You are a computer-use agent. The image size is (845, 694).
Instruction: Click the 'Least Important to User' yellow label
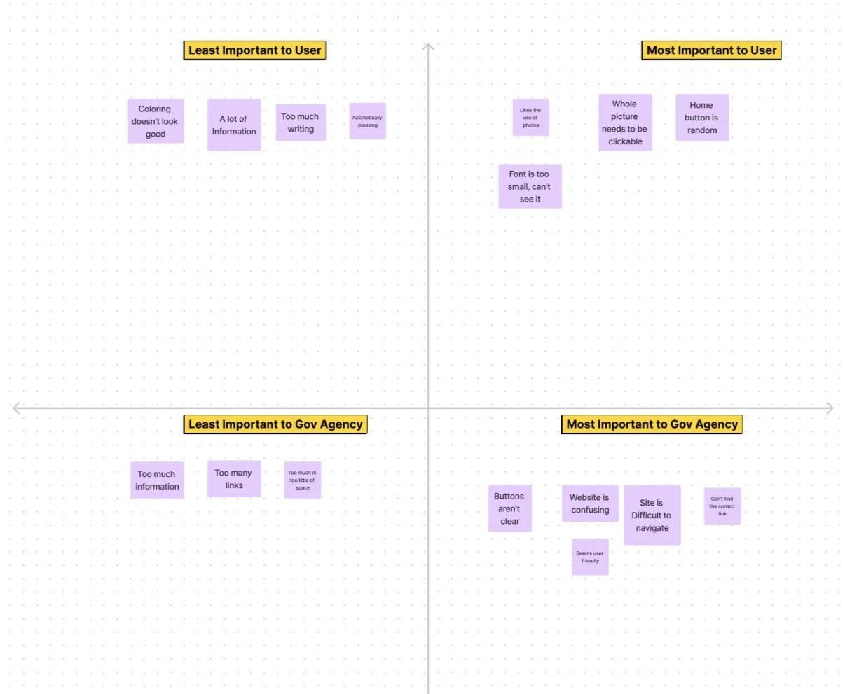point(254,50)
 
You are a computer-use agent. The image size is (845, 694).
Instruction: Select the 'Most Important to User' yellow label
point(711,50)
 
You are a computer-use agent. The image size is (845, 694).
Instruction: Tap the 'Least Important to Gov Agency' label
point(275,424)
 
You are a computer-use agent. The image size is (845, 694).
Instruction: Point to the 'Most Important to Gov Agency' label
point(652,424)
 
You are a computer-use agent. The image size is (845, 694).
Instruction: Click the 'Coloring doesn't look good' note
point(156,121)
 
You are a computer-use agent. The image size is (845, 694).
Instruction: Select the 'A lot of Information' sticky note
point(234,125)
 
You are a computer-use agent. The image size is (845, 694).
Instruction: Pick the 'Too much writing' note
point(301,122)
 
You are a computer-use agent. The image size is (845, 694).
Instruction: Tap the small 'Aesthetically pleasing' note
point(367,121)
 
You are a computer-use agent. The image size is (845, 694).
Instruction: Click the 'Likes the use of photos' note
point(530,118)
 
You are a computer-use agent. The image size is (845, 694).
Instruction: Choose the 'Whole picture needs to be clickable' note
point(625,123)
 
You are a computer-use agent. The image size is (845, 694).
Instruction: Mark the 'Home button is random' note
point(702,118)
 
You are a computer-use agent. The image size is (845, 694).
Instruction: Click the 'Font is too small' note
point(530,186)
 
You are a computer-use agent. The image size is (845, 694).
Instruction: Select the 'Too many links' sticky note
point(234,478)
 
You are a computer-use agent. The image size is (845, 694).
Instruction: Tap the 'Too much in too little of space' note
point(303,480)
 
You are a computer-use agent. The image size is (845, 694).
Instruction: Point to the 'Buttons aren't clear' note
point(509,508)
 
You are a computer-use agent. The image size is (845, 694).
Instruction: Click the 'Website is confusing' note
point(590,504)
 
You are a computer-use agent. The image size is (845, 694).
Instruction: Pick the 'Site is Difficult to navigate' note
point(652,515)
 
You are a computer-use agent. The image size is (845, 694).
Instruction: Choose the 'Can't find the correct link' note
point(722,506)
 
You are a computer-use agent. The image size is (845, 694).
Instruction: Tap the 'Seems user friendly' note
point(590,557)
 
